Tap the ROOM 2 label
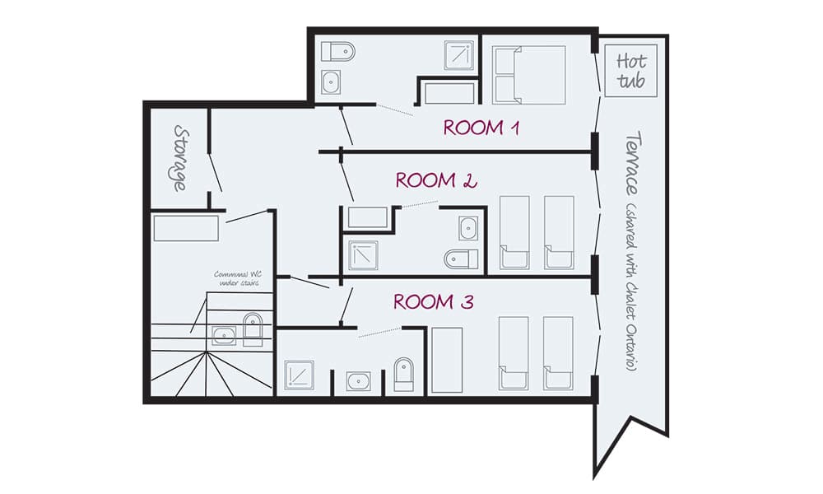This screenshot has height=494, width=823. tap(436, 180)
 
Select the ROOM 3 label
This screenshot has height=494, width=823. tap(433, 302)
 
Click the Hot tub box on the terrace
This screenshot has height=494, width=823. tap(631, 72)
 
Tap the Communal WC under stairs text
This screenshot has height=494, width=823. tap(239, 278)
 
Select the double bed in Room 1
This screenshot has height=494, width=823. tap(529, 75)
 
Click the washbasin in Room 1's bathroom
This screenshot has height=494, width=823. tap(332, 82)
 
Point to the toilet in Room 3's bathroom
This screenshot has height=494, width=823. tap(404, 374)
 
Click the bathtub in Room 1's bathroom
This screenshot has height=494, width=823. tap(449, 92)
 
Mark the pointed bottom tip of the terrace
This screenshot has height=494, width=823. tap(596, 474)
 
